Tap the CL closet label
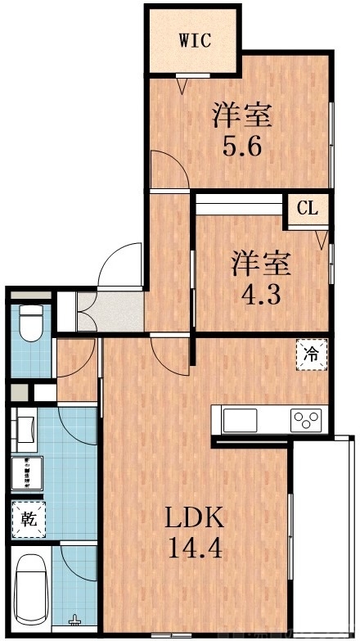(x=307, y=208)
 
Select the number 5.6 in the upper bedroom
(x=242, y=148)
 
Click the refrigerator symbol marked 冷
(x=311, y=354)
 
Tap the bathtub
(x=31, y=589)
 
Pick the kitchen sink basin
(x=240, y=422)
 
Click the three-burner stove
(x=308, y=422)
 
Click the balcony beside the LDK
(x=325, y=532)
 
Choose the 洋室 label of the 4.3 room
(x=262, y=264)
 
